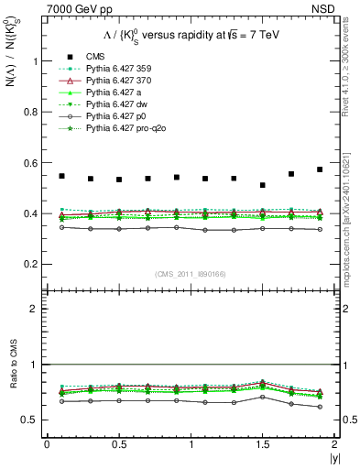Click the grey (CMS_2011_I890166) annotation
point(191,274)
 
